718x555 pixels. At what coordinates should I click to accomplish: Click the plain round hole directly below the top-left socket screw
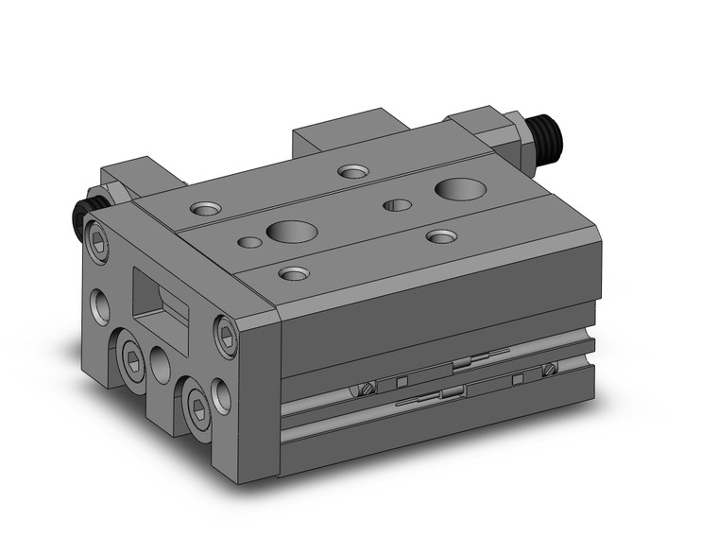pos(101,304)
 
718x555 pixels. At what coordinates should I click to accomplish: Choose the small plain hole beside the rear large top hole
pos(396,203)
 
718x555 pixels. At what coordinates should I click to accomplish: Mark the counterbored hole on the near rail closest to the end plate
pos(294,274)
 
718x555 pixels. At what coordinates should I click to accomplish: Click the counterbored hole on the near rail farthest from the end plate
pos(438,234)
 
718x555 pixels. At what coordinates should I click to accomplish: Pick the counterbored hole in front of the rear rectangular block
pos(353,171)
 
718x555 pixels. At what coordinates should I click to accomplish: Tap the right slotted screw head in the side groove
pos(549,369)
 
